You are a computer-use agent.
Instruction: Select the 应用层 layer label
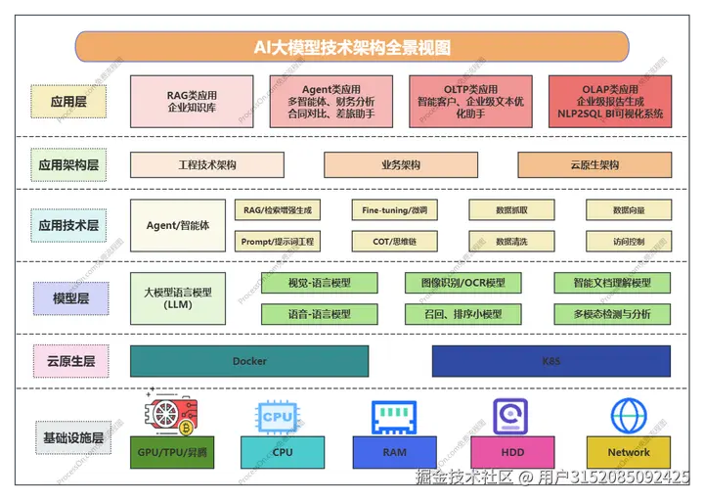(x=68, y=101)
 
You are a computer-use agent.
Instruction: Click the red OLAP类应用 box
(x=610, y=102)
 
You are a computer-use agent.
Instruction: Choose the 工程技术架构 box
(x=207, y=165)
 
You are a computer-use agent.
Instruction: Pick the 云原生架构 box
(x=594, y=165)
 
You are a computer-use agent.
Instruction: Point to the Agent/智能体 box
(x=178, y=225)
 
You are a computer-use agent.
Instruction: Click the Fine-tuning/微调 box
(x=394, y=210)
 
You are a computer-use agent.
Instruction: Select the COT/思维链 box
(x=394, y=241)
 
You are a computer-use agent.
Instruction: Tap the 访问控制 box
(x=629, y=241)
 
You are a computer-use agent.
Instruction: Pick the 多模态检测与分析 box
(x=613, y=314)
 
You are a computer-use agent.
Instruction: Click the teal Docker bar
(x=249, y=361)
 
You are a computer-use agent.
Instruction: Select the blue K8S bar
(x=551, y=361)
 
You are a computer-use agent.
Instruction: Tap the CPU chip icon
(x=278, y=417)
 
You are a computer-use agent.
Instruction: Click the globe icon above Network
(x=629, y=416)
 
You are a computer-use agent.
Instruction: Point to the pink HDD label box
(x=512, y=452)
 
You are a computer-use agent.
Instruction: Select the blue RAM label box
(x=394, y=452)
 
